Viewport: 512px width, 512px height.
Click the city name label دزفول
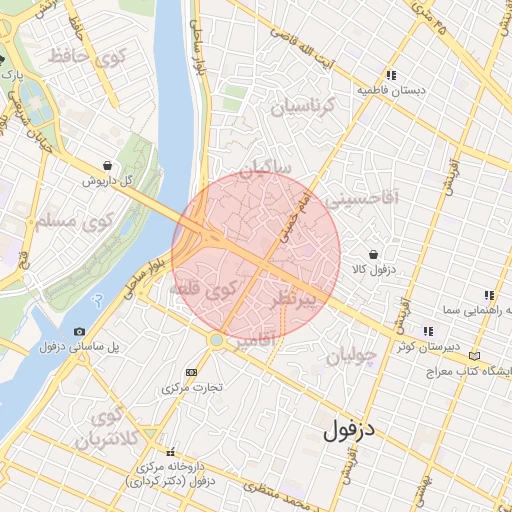[x=348, y=432]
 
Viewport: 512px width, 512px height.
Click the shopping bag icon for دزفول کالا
[x=373, y=254]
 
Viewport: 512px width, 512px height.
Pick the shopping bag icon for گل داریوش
[x=106, y=166]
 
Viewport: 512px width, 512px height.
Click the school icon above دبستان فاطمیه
[x=392, y=75]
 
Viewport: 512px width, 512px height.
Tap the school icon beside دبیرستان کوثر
[x=428, y=331]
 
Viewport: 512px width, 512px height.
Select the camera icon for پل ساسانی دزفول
[x=79, y=331]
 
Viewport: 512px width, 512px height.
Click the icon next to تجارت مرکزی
[x=192, y=372]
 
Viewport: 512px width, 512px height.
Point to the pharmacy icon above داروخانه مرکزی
[x=169, y=452]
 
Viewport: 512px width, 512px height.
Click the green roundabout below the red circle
[x=217, y=340]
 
